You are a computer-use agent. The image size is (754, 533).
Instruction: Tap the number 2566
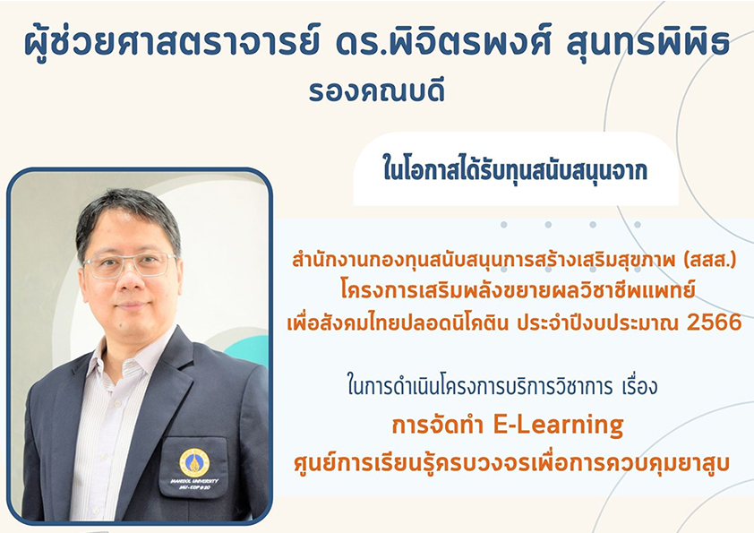click(714, 322)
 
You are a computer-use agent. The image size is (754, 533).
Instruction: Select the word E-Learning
click(558, 426)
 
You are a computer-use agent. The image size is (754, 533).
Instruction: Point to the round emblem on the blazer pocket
click(194, 463)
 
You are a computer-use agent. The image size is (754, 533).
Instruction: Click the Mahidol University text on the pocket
click(194, 481)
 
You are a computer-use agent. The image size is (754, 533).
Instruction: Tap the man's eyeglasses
click(130, 265)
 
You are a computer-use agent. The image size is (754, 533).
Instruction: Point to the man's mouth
click(132, 306)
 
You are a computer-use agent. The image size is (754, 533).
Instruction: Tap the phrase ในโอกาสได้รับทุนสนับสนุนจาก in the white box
click(515, 170)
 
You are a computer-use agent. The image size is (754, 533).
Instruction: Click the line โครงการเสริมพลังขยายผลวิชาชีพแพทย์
click(518, 290)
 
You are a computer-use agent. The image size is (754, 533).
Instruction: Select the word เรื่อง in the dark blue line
click(638, 387)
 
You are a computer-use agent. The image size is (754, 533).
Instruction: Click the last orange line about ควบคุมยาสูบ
click(511, 463)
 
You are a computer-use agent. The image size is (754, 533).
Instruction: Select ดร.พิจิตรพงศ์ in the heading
click(444, 42)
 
